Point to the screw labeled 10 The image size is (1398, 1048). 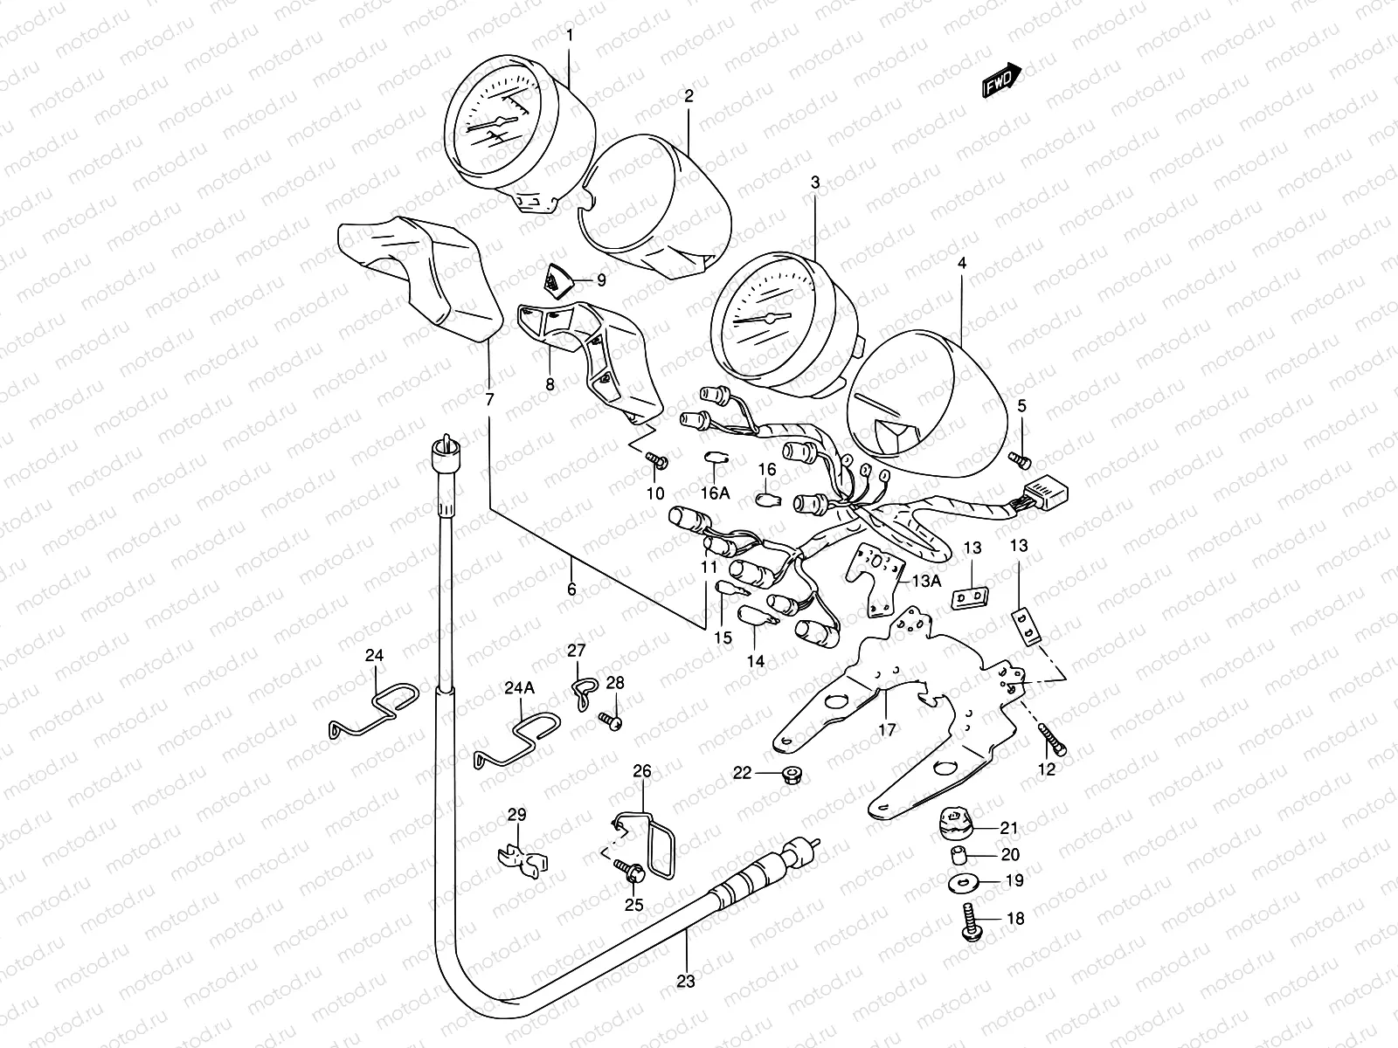(656, 458)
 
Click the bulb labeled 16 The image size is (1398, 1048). (766, 501)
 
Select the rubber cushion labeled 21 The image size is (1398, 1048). (955, 823)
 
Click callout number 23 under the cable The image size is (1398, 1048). (686, 981)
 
